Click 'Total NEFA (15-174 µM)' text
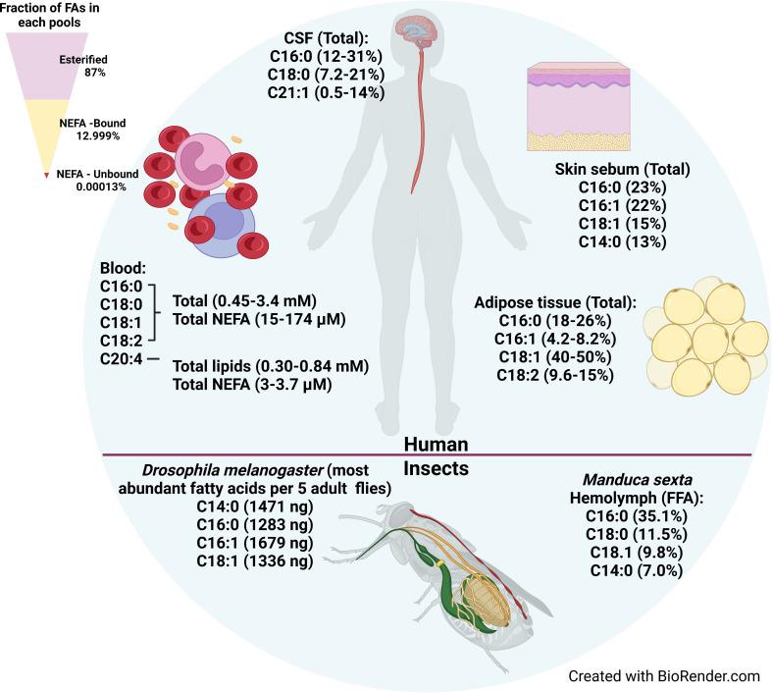point(260,321)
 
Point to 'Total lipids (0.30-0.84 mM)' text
point(270,366)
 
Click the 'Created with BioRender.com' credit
point(664,676)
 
